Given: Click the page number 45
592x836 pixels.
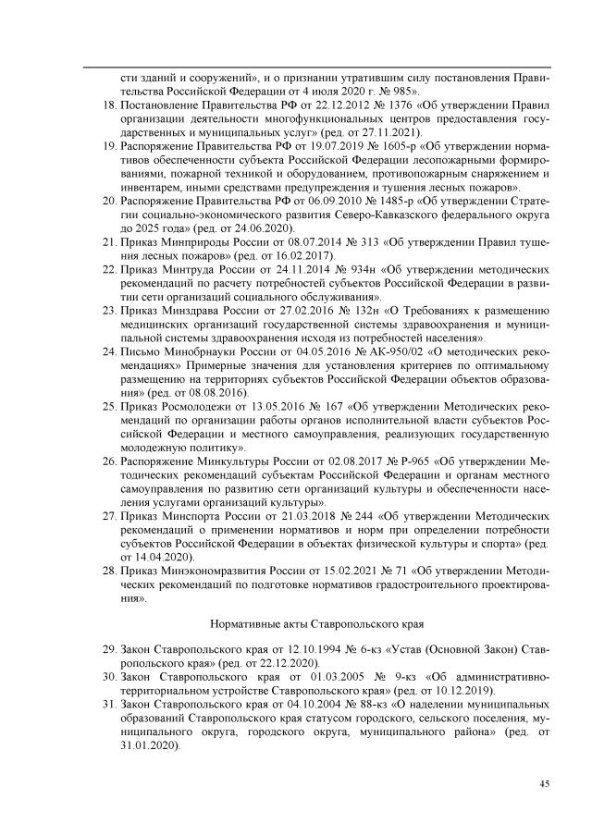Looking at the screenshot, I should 545,784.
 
